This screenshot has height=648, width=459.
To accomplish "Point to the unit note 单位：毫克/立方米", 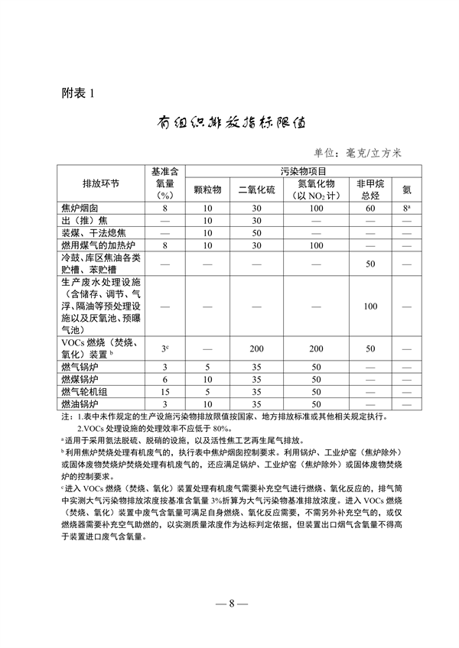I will [357, 153].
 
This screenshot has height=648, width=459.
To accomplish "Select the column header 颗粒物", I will [207, 188].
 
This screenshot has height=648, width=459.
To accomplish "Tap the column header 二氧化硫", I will [256, 188].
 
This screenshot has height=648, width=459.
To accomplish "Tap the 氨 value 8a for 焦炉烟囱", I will [408, 208].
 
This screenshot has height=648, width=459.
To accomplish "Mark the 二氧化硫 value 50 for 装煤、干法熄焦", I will [256, 232].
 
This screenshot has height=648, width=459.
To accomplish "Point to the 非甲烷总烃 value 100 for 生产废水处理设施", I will [370, 306].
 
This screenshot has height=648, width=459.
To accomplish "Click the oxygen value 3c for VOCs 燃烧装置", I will [164, 348].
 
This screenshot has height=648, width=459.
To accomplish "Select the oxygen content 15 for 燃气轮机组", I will [164, 391].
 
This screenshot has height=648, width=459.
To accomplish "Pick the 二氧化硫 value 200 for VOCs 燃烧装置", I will [256, 348].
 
